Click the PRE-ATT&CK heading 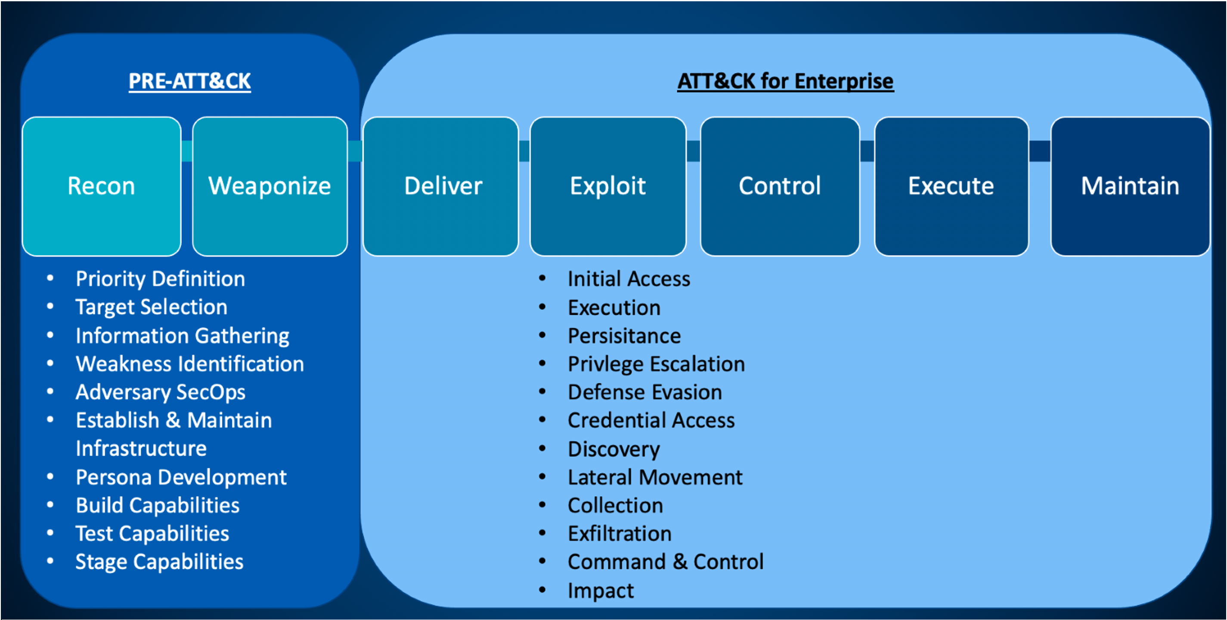tap(189, 81)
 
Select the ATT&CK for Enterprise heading tap(785, 81)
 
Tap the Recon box tap(102, 186)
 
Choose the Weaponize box tap(270, 186)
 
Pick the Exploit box tap(608, 186)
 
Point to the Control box tap(780, 186)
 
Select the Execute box tap(951, 186)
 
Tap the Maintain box tap(1130, 186)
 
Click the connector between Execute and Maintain tap(1039, 151)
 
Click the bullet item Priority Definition tap(160, 279)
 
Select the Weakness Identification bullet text tap(189, 364)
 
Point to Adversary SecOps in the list tap(160, 392)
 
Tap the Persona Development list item tap(181, 477)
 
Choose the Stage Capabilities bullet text tap(159, 562)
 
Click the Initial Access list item tap(629, 279)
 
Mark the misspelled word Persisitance tap(624, 336)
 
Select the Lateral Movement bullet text tap(655, 477)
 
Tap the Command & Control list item tap(666, 562)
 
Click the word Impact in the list tap(601, 590)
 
